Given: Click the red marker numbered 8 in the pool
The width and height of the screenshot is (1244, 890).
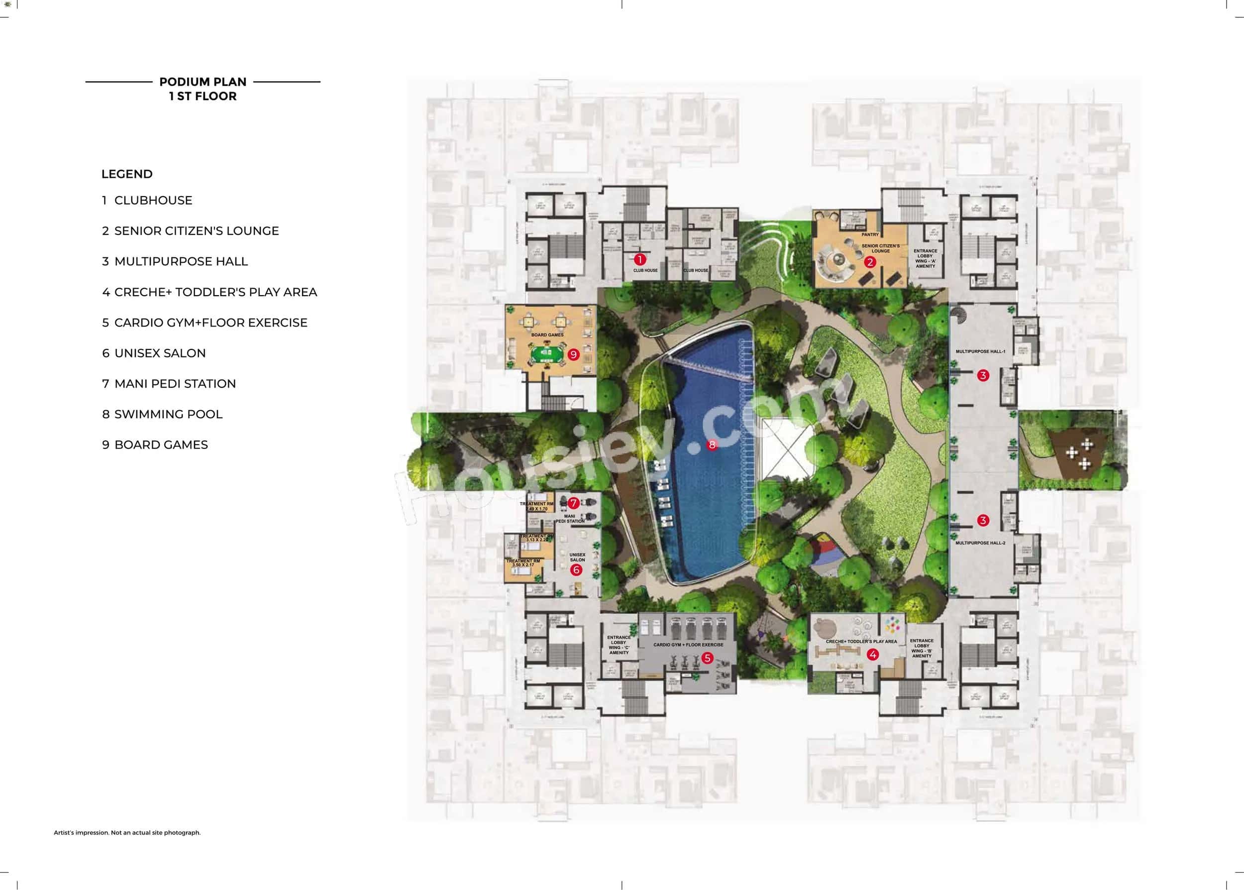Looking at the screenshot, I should pyautogui.click(x=712, y=445).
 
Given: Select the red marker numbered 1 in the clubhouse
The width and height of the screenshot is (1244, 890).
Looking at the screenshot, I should pyautogui.click(x=639, y=259).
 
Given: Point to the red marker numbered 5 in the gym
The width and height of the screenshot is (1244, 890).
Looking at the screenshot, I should pyautogui.click(x=707, y=658).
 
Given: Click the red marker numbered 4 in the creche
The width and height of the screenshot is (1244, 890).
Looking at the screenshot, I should pyautogui.click(x=873, y=655).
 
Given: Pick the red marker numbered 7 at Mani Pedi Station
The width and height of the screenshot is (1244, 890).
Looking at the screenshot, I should pyautogui.click(x=573, y=503).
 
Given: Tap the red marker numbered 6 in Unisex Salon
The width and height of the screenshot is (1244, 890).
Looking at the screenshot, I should pyautogui.click(x=576, y=570).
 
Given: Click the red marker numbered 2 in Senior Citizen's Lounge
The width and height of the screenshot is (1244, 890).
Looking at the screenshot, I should pyautogui.click(x=869, y=262).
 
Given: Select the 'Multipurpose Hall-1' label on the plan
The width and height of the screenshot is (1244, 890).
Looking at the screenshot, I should pyautogui.click(x=980, y=351).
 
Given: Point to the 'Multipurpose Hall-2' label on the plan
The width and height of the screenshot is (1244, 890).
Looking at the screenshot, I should pyautogui.click(x=980, y=543).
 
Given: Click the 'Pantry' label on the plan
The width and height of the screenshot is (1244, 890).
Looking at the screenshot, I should pyautogui.click(x=870, y=234).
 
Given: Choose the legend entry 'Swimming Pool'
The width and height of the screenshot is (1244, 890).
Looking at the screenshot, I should pyautogui.click(x=162, y=414).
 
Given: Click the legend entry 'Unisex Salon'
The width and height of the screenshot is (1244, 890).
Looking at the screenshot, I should pyautogui.click(x=154, y=353).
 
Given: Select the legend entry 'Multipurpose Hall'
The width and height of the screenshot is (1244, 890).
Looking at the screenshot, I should pyautogui.click(x=175, y=261).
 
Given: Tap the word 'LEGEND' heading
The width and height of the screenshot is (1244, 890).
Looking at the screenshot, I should pyautogui.click(x=127, y=174).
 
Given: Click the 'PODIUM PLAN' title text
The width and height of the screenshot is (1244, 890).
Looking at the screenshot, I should pyautogui.click(x=203, y=82).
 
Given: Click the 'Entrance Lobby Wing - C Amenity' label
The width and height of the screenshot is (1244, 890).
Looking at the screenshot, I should pyautogui.click(x=619, y=645).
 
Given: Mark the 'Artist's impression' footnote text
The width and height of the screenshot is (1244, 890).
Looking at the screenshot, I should pyautogui.click(x=127, y=832).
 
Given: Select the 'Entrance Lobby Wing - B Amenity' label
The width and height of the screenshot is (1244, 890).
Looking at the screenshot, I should pyautogui.click(x=922, y=648).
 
